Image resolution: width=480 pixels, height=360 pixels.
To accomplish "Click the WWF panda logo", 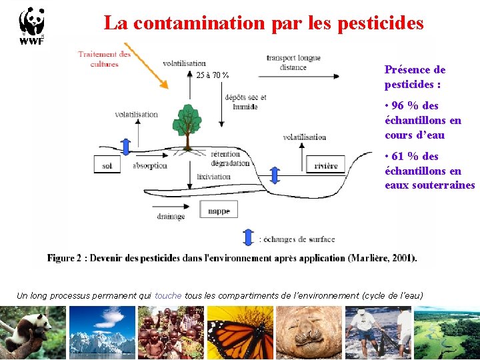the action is [x=31, y=26].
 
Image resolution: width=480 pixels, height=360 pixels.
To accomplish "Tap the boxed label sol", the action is [x=107, y=165].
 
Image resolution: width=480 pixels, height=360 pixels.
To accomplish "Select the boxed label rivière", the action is [x=326, y=165].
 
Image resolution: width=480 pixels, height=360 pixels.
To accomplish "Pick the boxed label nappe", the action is [x=219, y=211].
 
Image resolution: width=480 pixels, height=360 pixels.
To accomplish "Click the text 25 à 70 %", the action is [x=213, y=75].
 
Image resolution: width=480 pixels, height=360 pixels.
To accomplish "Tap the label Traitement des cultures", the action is [x=104, y=59].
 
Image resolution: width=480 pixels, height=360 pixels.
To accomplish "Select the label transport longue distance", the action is [x=293, y=63].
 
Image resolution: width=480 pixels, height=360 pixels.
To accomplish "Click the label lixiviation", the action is [x=213, y=177].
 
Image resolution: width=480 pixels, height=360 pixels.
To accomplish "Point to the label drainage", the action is [x=171, y=216].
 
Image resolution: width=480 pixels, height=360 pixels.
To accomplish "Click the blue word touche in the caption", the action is [x=168, y=295].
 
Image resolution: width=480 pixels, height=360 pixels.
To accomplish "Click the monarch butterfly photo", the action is [x=241, y=331].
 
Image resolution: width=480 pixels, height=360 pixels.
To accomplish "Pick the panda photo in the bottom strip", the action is [x=33, y=331].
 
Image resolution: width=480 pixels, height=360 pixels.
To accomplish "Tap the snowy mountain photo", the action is [x=102, y=331].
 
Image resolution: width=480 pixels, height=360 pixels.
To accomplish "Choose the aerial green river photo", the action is [x=447, y=331].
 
